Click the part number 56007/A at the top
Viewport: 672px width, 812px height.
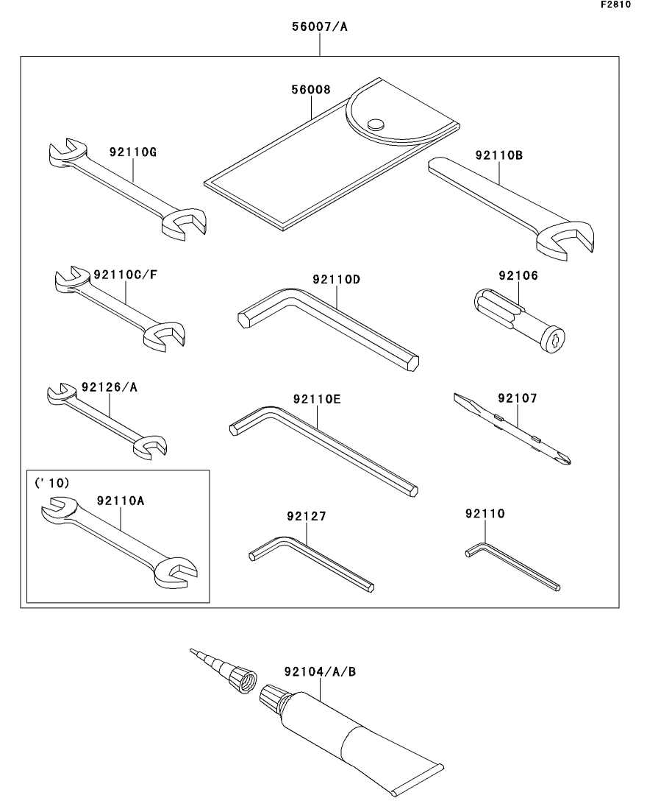tap(320, 28)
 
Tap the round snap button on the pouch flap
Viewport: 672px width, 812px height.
tap(376, 124)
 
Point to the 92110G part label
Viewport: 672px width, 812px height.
tap(133, 153)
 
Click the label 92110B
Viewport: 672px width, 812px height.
tap(498, 155)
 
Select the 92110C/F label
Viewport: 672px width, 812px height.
tap(126, 275)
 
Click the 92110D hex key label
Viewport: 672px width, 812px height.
tap(337, 280)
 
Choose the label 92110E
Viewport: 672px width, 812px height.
tap(317, 399)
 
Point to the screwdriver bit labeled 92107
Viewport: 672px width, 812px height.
tap(515, 430)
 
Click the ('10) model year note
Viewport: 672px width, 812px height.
tap(51, 483)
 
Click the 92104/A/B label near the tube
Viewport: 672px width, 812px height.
tap(320, 671)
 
